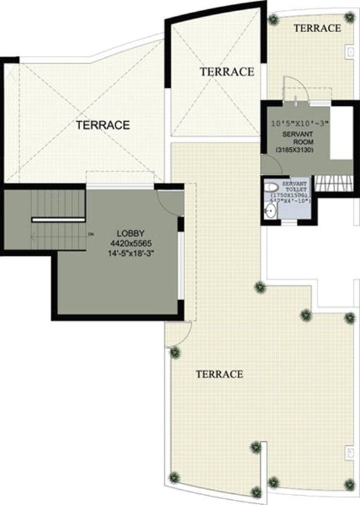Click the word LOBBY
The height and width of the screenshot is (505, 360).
click(131, 233)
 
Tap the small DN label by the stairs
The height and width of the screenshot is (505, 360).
click(91, 233)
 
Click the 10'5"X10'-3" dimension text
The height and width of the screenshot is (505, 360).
click(294, 123)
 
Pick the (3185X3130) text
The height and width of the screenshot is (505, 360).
click(294, 151)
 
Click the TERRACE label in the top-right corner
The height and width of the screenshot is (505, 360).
click(317, 28)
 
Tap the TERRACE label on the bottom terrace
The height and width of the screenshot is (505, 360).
click(219, 374)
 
